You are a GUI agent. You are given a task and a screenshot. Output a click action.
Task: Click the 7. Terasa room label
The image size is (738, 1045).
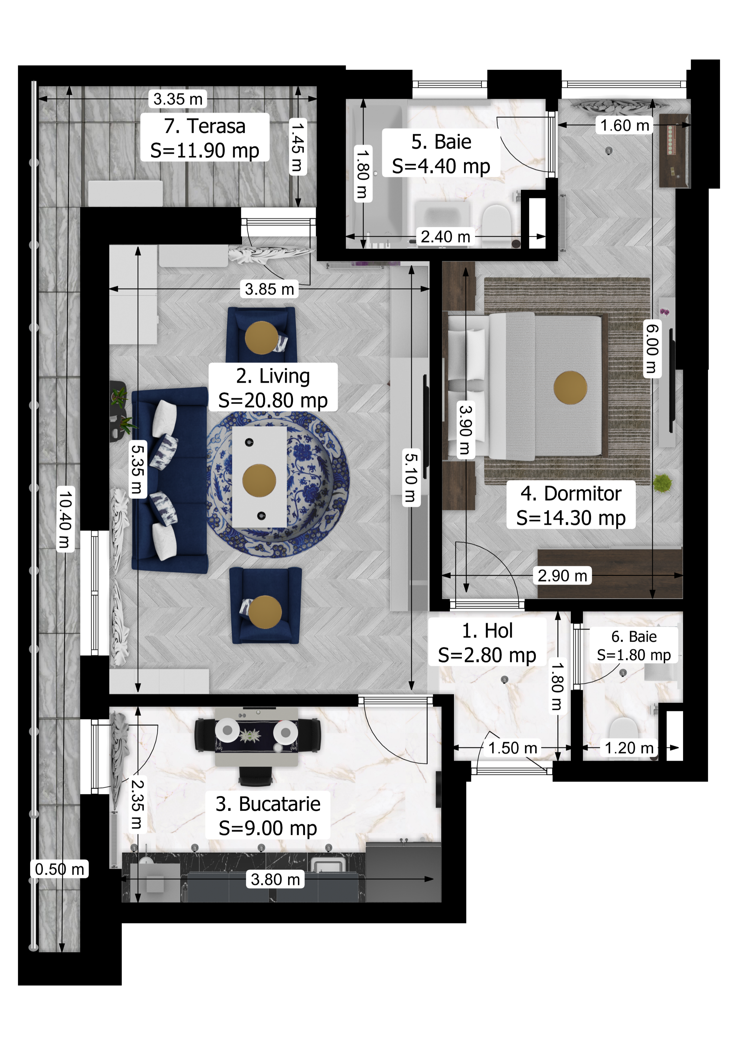[205, 126]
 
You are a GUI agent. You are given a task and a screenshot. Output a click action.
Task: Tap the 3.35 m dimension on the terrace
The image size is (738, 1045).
[178, 99]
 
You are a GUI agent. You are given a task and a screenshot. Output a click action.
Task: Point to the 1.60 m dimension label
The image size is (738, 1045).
[625, 125]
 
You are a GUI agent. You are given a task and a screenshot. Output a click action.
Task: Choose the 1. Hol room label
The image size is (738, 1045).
[487, 631]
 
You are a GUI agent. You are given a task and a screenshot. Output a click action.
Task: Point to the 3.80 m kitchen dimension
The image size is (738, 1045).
[276, 879]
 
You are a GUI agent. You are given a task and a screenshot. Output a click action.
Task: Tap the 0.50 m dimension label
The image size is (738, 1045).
[60, 869]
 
